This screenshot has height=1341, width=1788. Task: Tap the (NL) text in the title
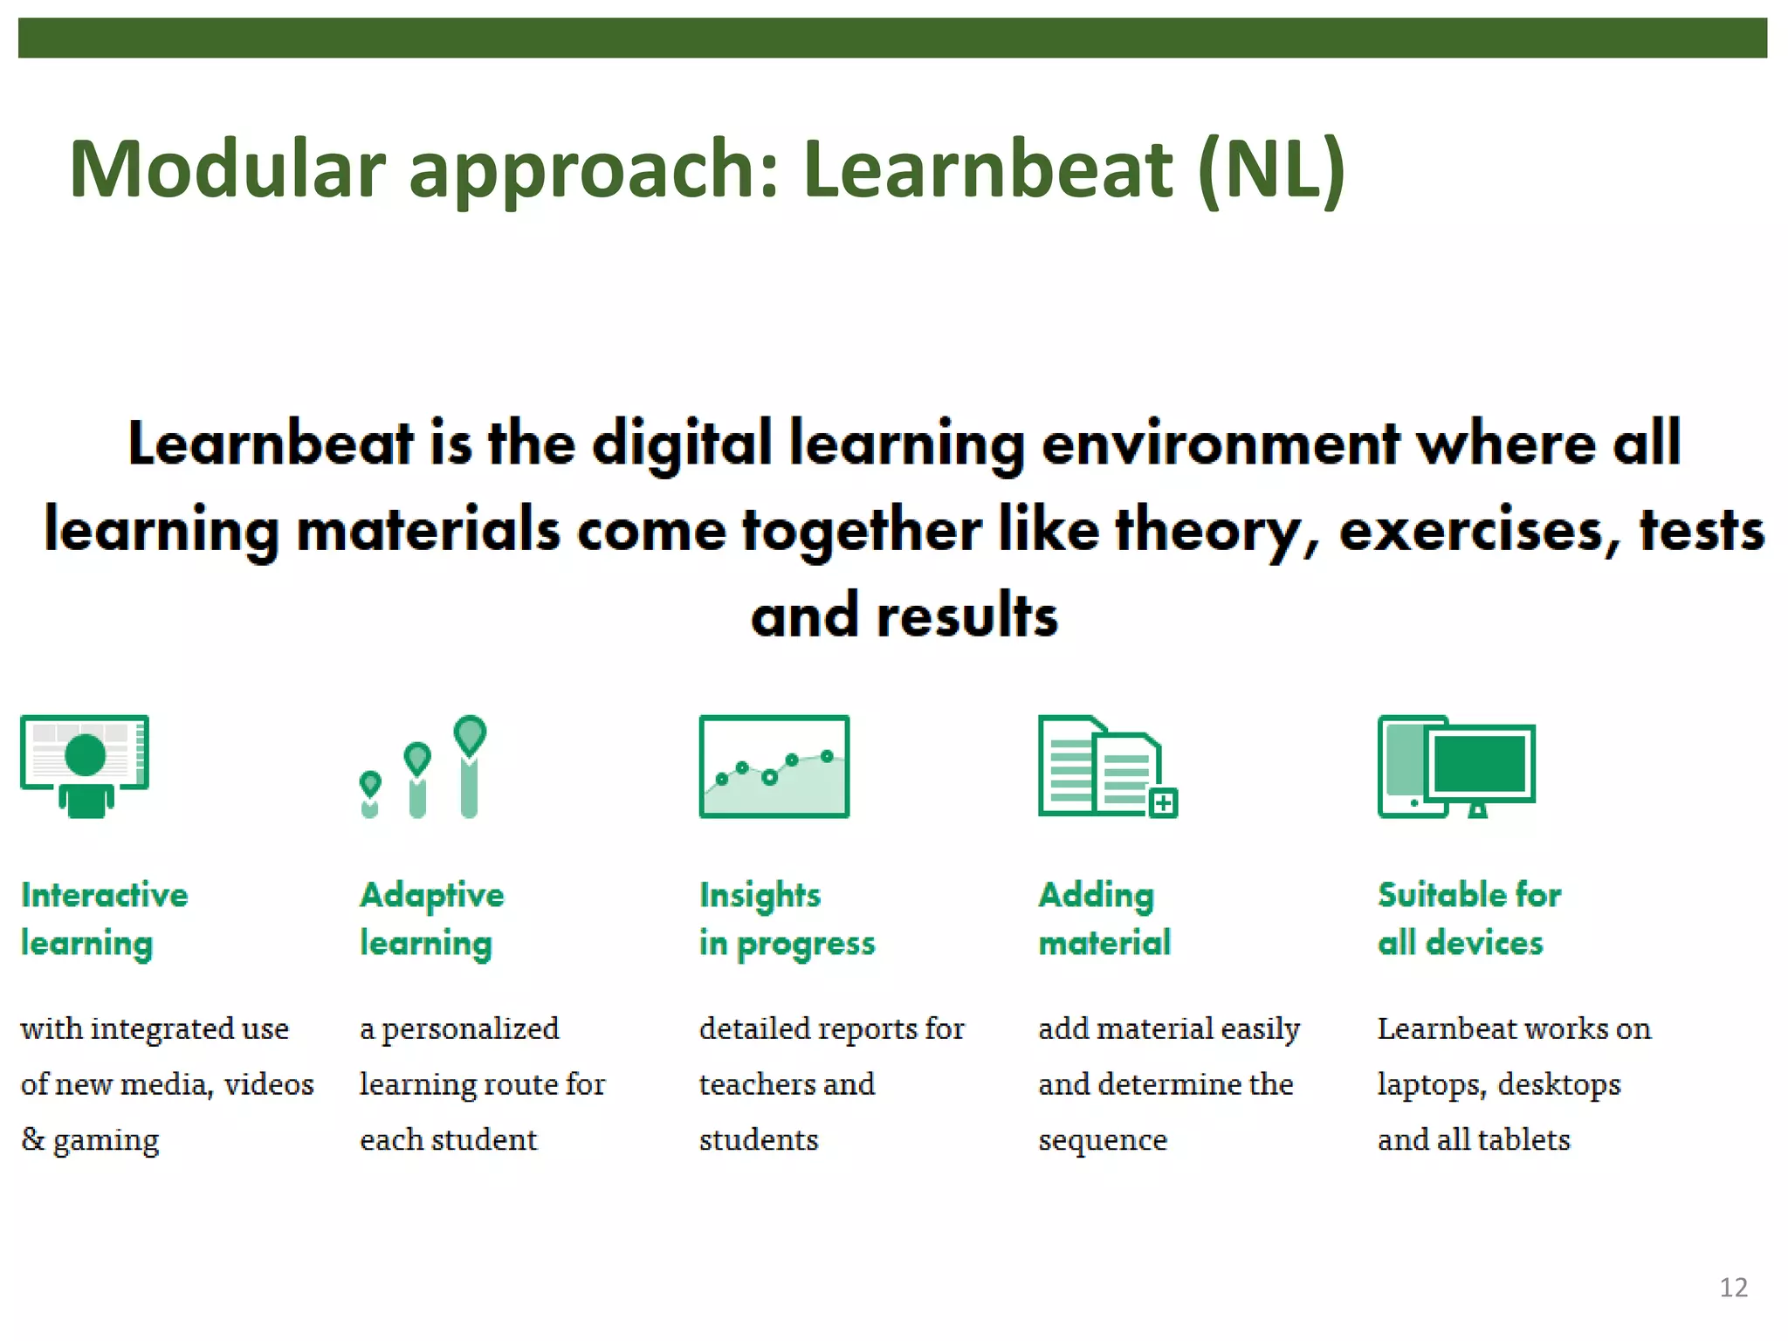pyautogui.click(x=1271, y=170)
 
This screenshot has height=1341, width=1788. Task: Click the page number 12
pyautogui.click(x=1733, y=1288)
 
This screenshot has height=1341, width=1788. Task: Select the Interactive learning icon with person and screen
pyautogui.click(x=85, y=766)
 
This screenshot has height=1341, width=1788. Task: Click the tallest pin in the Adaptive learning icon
pyautogui.click(x=470, y=764)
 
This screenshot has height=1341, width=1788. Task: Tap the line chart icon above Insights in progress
pyautogui.click(x=774, y=766)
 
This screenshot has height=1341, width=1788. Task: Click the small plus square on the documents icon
pyautogui.click(x=1163, y=802)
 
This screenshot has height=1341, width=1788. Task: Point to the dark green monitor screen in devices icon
pyautogui.click(x=1480, y=762)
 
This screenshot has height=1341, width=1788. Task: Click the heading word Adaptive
pyautogui.click(x=432, y=896)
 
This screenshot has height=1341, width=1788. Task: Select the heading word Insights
pyautogui.click(x=760, y=896)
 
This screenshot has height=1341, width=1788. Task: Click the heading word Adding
pyautogui.click(x=1096, y=896)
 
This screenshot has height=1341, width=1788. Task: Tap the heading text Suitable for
pyautogui.click(x=1469, y=895)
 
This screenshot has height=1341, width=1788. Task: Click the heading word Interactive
pyautogui.click(x=104, y=895)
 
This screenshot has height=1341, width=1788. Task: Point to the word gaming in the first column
pyautogui.click(x=106, y=1141)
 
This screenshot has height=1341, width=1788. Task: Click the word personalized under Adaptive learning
pyautogui.click(x=471, y=1029)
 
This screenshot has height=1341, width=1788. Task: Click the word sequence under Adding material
pyautogui.click(x=1102, y=1141)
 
